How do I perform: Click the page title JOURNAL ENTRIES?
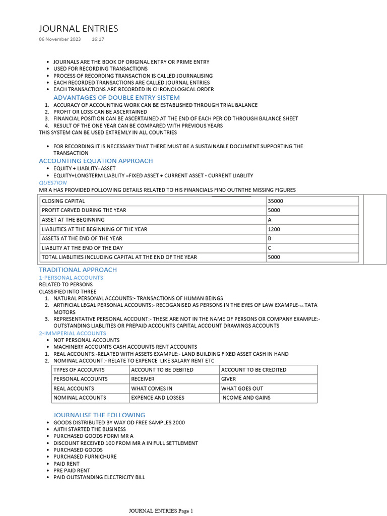pyautogui.click(x=78, y=29)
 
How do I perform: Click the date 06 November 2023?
pyautogui.click(x=59, y=39)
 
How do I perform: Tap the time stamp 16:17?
pyautogui.click(x=98, y=39)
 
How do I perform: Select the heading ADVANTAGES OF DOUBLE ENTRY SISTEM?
pyautogui.click(x=116, y=97)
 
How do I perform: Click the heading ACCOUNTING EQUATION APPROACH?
pyautogui.click(x=96, y=161)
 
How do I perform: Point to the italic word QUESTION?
pyautogui.click(x=53, y=183)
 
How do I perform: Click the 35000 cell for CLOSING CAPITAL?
pyautogui.click(x=276, y=201)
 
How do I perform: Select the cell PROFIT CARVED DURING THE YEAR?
pyautogui.click(x=84, y=210)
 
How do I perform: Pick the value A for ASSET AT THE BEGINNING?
pyautogui.click(x=270, y=220)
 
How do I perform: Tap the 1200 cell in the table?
pyautogui.click(x=274, y=229)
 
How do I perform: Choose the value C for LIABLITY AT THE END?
pyautogui.click(x=270, y=248)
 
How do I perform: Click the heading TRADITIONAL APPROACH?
pyautogui.click(x=78, y=270)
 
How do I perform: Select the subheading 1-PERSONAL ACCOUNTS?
pyautogui.click(x=71, y=278)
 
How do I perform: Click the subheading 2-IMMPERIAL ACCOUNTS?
pyautogui.click(x=73, y=333)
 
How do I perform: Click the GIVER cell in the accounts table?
pyautogui.click(x=228, y=379)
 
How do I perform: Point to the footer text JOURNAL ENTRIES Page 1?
pyautogui.click(x=161, y=511)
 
